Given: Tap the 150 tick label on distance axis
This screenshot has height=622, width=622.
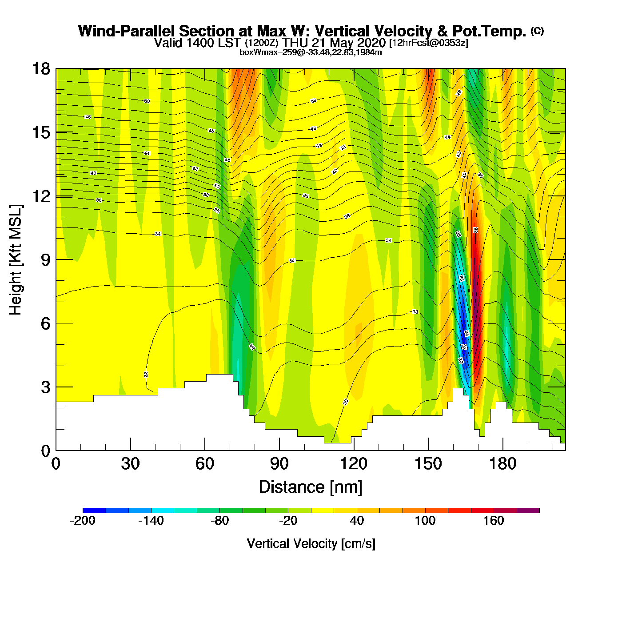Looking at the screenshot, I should point(428,464).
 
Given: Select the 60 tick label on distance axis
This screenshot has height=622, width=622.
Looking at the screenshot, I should point(205,464).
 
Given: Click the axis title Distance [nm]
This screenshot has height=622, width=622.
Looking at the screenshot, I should point(311,487).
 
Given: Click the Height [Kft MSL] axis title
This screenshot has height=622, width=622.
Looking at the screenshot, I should point(16,260).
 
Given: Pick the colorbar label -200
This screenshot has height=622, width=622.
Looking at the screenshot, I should point(83,521).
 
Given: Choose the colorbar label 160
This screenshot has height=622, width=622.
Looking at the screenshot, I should point(494,521).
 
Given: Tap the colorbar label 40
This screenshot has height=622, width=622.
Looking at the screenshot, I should point(357,521).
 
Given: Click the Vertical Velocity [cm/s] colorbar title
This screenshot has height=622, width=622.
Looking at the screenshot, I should point(311,544).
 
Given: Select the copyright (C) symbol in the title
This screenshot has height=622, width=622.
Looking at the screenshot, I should point(537,31).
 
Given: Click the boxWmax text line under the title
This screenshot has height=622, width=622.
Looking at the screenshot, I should point(311,52).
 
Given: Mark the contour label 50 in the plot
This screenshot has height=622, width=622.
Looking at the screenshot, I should point(147,101).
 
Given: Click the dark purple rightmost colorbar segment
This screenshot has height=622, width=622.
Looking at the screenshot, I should point(528,510).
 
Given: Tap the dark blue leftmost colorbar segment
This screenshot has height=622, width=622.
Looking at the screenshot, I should point(94,510).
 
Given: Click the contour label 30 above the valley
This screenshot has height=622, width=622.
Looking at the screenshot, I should point(346,402).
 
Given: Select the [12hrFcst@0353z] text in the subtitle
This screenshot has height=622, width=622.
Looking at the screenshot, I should point(428,43).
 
